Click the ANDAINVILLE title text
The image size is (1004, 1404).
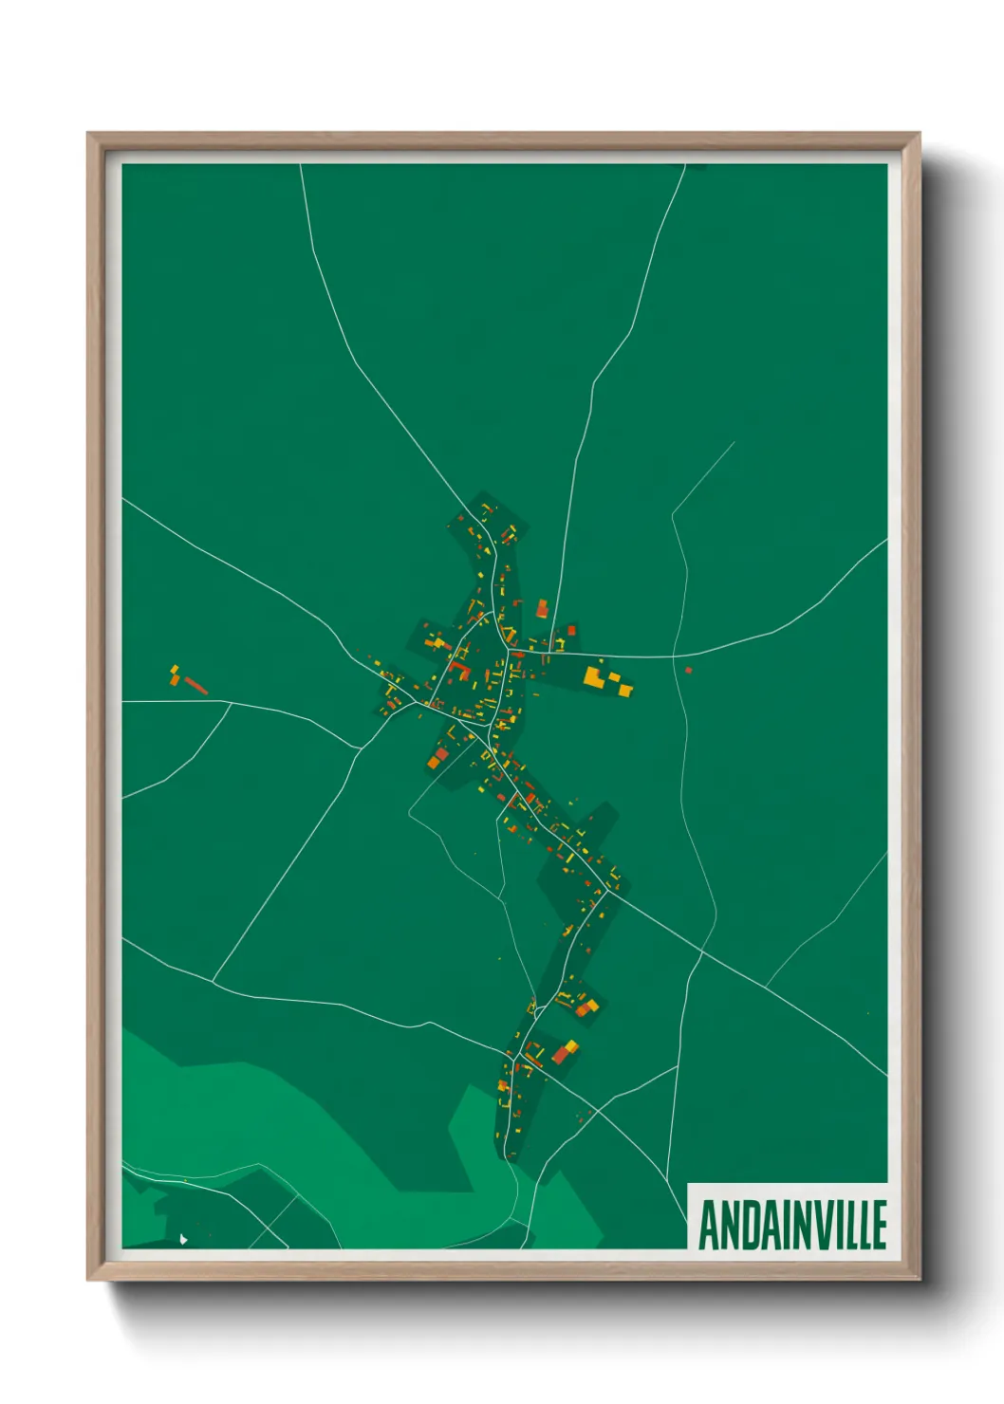[792, 1225]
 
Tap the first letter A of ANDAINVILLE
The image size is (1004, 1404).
[707, 1225]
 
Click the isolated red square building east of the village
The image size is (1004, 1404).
[689, 671]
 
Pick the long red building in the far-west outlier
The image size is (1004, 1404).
[196, 685]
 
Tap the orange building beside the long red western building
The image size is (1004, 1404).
[176, 679]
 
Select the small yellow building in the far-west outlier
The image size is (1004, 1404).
[174, 668]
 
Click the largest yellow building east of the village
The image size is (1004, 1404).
[595, 676]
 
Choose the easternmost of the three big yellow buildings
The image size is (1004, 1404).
[625, 689]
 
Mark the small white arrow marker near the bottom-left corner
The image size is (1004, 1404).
[183, 1237]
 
